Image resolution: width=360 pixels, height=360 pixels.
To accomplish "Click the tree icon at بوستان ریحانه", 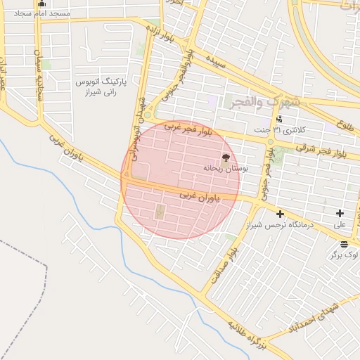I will [x=226, y=158].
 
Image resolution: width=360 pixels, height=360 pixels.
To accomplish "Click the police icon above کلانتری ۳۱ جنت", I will [x=279, y=119].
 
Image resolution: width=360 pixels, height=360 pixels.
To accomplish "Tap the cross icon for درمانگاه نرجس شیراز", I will [x=280, y=213].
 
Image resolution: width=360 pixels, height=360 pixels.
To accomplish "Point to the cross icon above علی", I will [x=340, y=213].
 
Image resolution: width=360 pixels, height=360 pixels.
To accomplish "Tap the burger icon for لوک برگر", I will [x=344, y=244].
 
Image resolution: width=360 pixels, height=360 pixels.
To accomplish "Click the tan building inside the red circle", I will [x=159, y=211].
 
